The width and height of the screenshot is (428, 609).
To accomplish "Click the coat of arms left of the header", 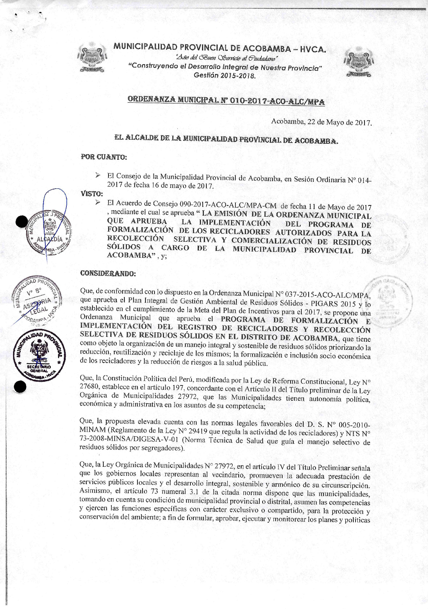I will pos(93,58).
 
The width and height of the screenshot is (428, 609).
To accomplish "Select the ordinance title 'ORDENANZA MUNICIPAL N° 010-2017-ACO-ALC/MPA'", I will pos(226,101).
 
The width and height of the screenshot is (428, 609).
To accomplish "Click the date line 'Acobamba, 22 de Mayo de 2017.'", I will pos(321,122).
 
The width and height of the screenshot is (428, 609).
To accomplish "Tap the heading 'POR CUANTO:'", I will pos(104,158).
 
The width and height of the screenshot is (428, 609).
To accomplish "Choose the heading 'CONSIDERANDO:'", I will pos(108,273).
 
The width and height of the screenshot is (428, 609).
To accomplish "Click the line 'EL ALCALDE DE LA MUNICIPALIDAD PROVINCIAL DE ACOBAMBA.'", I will pos(226,139).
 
